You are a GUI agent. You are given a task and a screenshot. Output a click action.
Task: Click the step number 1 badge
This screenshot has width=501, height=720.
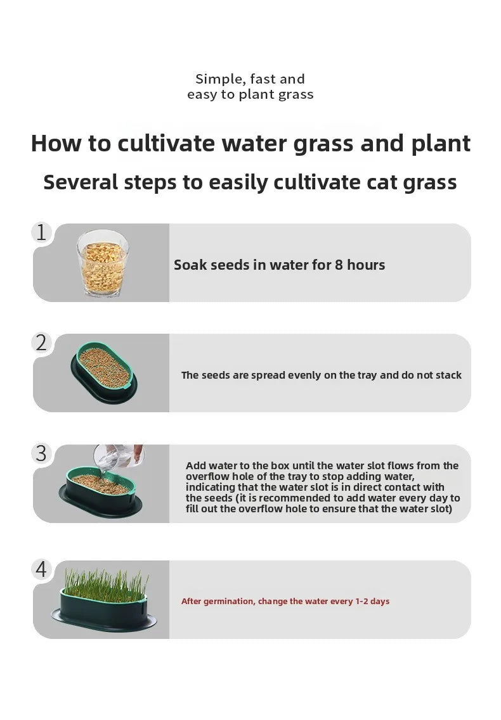[x=42, y=232]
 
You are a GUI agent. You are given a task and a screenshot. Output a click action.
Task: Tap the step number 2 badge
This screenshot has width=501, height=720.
[x=42, y=343]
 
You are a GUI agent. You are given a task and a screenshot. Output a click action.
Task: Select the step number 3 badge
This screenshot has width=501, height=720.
[x=42, y=453]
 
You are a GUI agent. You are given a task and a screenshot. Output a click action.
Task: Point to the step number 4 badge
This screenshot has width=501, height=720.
[x=42, y=569]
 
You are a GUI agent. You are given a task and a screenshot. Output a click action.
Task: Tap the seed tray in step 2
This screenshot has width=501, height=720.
[x=103, y=370]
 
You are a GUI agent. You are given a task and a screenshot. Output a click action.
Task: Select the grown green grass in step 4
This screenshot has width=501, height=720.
[x=105, y=582]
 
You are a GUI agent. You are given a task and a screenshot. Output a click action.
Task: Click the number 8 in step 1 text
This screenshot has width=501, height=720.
[x=339, y=265]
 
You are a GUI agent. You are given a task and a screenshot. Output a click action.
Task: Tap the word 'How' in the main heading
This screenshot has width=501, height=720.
[x=56, y=144]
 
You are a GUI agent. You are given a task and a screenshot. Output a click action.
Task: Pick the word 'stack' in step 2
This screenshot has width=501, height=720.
[x=448, y=375]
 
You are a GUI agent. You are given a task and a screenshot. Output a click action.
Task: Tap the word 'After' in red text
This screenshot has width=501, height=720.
[x=193, y=601]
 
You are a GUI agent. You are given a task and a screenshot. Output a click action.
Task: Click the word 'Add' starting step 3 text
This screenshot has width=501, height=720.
[x=195, y=465]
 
